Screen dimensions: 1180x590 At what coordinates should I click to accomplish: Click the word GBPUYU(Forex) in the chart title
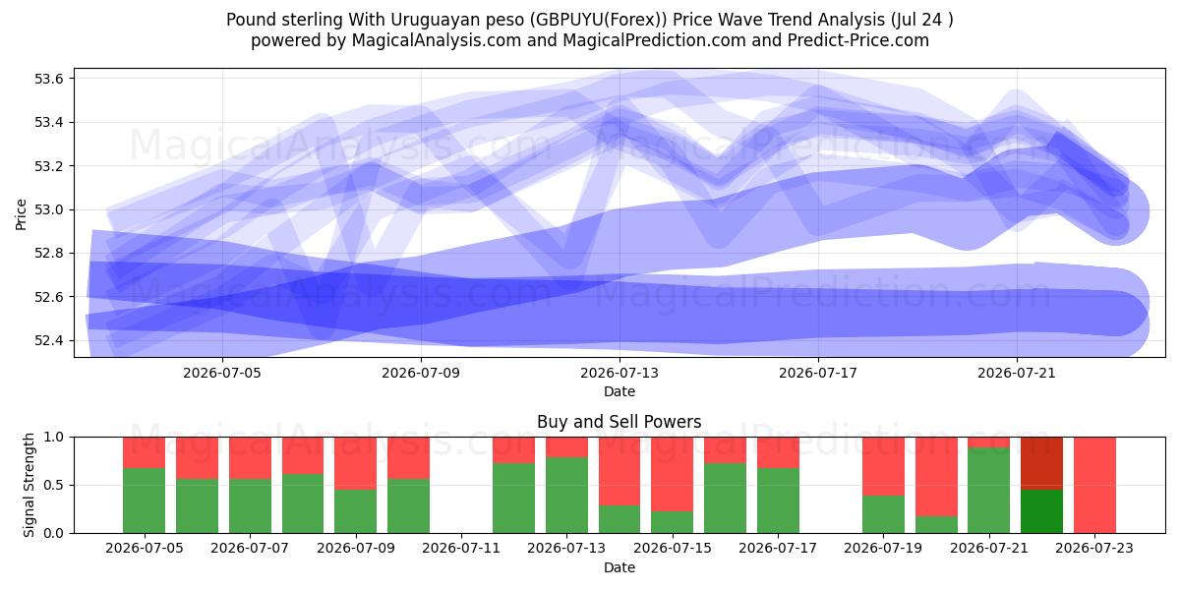598,20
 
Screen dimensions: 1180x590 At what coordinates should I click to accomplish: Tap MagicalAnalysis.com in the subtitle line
437,40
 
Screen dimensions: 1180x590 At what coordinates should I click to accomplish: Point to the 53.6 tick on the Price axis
48,79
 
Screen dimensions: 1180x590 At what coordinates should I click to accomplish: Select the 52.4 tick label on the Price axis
48,340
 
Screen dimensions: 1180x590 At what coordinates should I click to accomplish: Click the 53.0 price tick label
48,209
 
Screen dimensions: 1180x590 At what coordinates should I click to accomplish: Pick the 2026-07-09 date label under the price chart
421,373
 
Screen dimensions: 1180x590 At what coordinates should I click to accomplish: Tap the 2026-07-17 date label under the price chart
818,373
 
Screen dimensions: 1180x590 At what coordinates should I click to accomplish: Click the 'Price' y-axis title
21,214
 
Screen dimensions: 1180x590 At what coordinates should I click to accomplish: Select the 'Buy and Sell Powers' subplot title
619,422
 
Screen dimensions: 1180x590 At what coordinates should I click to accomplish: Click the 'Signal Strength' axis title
29,485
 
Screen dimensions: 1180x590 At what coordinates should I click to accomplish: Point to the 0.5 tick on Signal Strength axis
53,485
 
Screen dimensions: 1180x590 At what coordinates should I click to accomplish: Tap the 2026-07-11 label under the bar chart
461,548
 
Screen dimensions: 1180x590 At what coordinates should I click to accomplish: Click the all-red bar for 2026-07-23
1094,485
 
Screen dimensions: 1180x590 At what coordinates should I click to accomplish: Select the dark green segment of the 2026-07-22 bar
1041,511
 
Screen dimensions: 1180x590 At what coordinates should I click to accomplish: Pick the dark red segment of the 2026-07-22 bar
1041,463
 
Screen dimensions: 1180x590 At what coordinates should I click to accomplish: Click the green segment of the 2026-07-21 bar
989,490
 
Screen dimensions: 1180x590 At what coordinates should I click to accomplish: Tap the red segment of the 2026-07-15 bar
672,474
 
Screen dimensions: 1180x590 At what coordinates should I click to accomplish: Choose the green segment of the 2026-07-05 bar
144,501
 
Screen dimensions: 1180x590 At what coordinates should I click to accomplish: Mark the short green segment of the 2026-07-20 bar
936,525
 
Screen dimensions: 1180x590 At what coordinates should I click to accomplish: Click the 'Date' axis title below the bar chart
619,567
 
